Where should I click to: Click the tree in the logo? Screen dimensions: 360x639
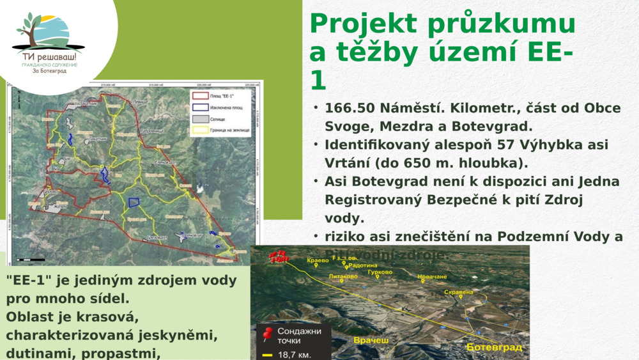(28, 29)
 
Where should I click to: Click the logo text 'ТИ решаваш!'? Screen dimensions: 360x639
(49, 56)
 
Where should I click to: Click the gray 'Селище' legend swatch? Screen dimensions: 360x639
(200, 119)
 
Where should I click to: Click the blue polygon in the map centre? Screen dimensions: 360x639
(134, 202)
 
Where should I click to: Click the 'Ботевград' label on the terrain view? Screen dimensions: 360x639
(494, 347)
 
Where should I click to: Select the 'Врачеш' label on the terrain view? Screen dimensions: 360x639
(371, 340)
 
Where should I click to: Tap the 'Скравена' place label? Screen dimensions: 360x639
(458, 292)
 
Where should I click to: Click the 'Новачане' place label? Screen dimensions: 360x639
(432, 276)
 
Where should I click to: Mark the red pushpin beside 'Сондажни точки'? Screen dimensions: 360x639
(268, 333)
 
